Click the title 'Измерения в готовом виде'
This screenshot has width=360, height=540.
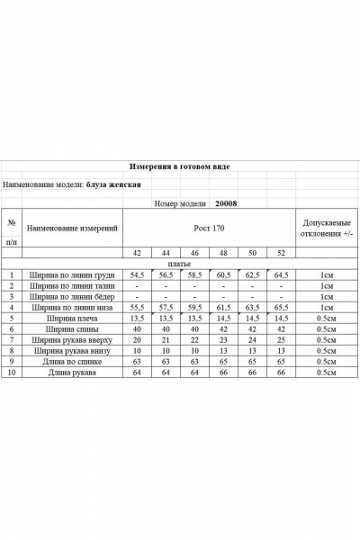[x=179, y=167]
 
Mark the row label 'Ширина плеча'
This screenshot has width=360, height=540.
[x=73, y=319]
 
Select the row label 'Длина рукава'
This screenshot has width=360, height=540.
[x=73, y=373]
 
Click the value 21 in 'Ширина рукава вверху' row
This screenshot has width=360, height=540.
[x=166, y=340]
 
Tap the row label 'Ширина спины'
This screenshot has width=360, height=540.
[x=73, y=329]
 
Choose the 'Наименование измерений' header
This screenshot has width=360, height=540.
[x=73, y=229]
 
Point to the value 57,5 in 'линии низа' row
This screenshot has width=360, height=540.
[x=166, y=308]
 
